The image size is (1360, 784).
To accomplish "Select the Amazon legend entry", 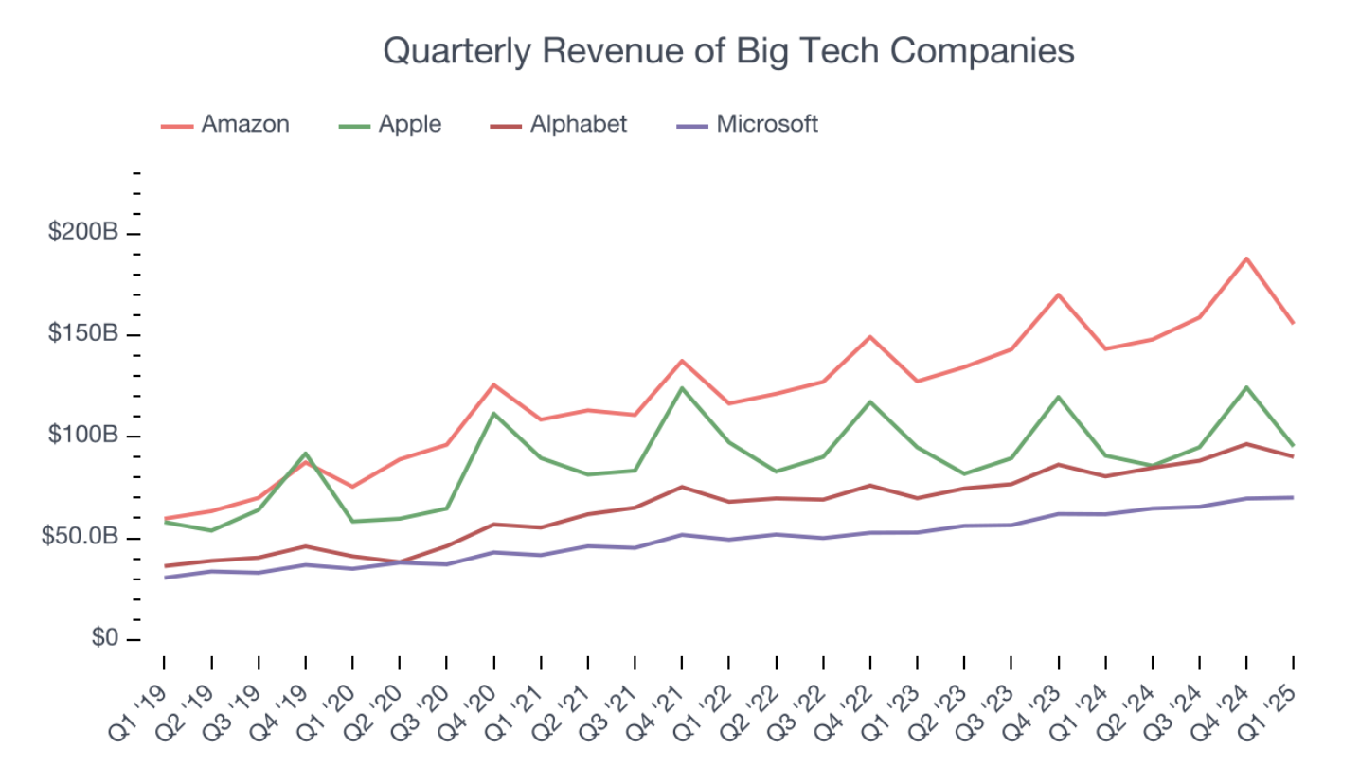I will [244, 124].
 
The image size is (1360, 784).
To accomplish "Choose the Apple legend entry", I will [409, 124].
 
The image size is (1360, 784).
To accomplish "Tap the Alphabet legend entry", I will [578, 124].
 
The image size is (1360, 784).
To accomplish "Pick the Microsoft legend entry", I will [766, 124].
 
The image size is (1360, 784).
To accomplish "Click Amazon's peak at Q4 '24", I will [1246, 258].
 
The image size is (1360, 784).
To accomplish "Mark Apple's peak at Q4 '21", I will [682, 387].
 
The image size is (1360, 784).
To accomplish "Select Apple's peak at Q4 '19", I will [306, 453].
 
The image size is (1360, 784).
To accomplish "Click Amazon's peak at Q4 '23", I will [1058, 294].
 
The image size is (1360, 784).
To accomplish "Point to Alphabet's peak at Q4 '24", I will [1246, 443].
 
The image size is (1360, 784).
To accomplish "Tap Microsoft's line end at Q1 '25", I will [1293, 497].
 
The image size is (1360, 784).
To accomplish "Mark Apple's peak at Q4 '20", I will [493, 413].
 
